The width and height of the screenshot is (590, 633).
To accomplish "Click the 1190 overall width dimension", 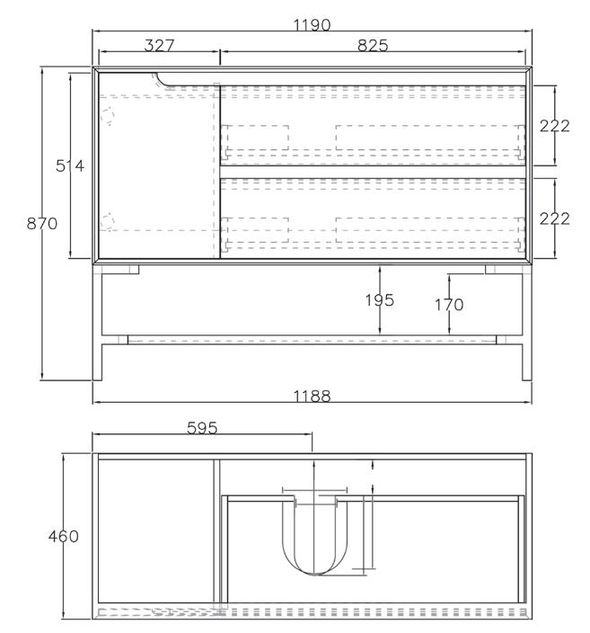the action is point(312,25).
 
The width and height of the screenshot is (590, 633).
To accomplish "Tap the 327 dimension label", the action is point(159,46).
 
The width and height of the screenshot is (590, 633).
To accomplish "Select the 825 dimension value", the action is point(373,46).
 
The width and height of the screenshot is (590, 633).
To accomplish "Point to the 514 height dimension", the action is point(70,165).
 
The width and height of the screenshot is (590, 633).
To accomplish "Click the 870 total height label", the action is point(42,223).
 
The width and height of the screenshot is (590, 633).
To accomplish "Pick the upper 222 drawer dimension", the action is point(554,126).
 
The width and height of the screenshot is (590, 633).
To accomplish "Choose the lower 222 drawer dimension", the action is point(554,218).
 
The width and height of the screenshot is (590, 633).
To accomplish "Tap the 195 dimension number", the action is point(380,300).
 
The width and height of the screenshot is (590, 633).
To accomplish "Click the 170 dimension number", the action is point(449,305).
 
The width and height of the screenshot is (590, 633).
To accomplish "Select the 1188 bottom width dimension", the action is point(312,397).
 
